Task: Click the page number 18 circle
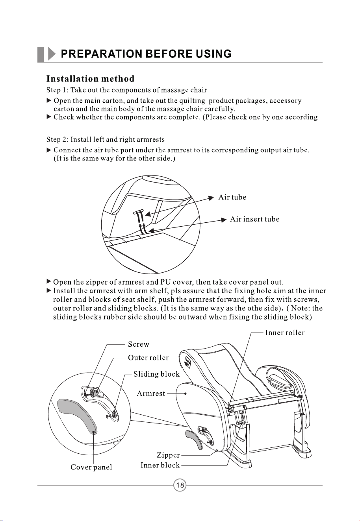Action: pos(180,485)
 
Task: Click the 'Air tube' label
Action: pos(232,197)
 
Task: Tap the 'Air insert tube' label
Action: pos(254,219)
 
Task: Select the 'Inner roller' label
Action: pos(285,333)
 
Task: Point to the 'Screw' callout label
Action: pos(139,344)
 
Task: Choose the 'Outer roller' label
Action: pos(148,358)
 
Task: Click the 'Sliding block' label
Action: pos(156,374)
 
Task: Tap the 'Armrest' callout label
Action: pos(151,394)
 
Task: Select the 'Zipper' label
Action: pos(168,455)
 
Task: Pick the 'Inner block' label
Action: pos(160,465)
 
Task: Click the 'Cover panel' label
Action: pos(91,467)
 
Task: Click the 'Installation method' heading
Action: pos(90,79)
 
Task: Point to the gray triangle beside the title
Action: pos(51,54)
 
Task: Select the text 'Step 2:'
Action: pos(57,140)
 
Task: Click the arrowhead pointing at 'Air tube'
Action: pos(211,198)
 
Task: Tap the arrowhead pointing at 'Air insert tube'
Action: pos(224,220)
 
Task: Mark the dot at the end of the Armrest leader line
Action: pos(186,394)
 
